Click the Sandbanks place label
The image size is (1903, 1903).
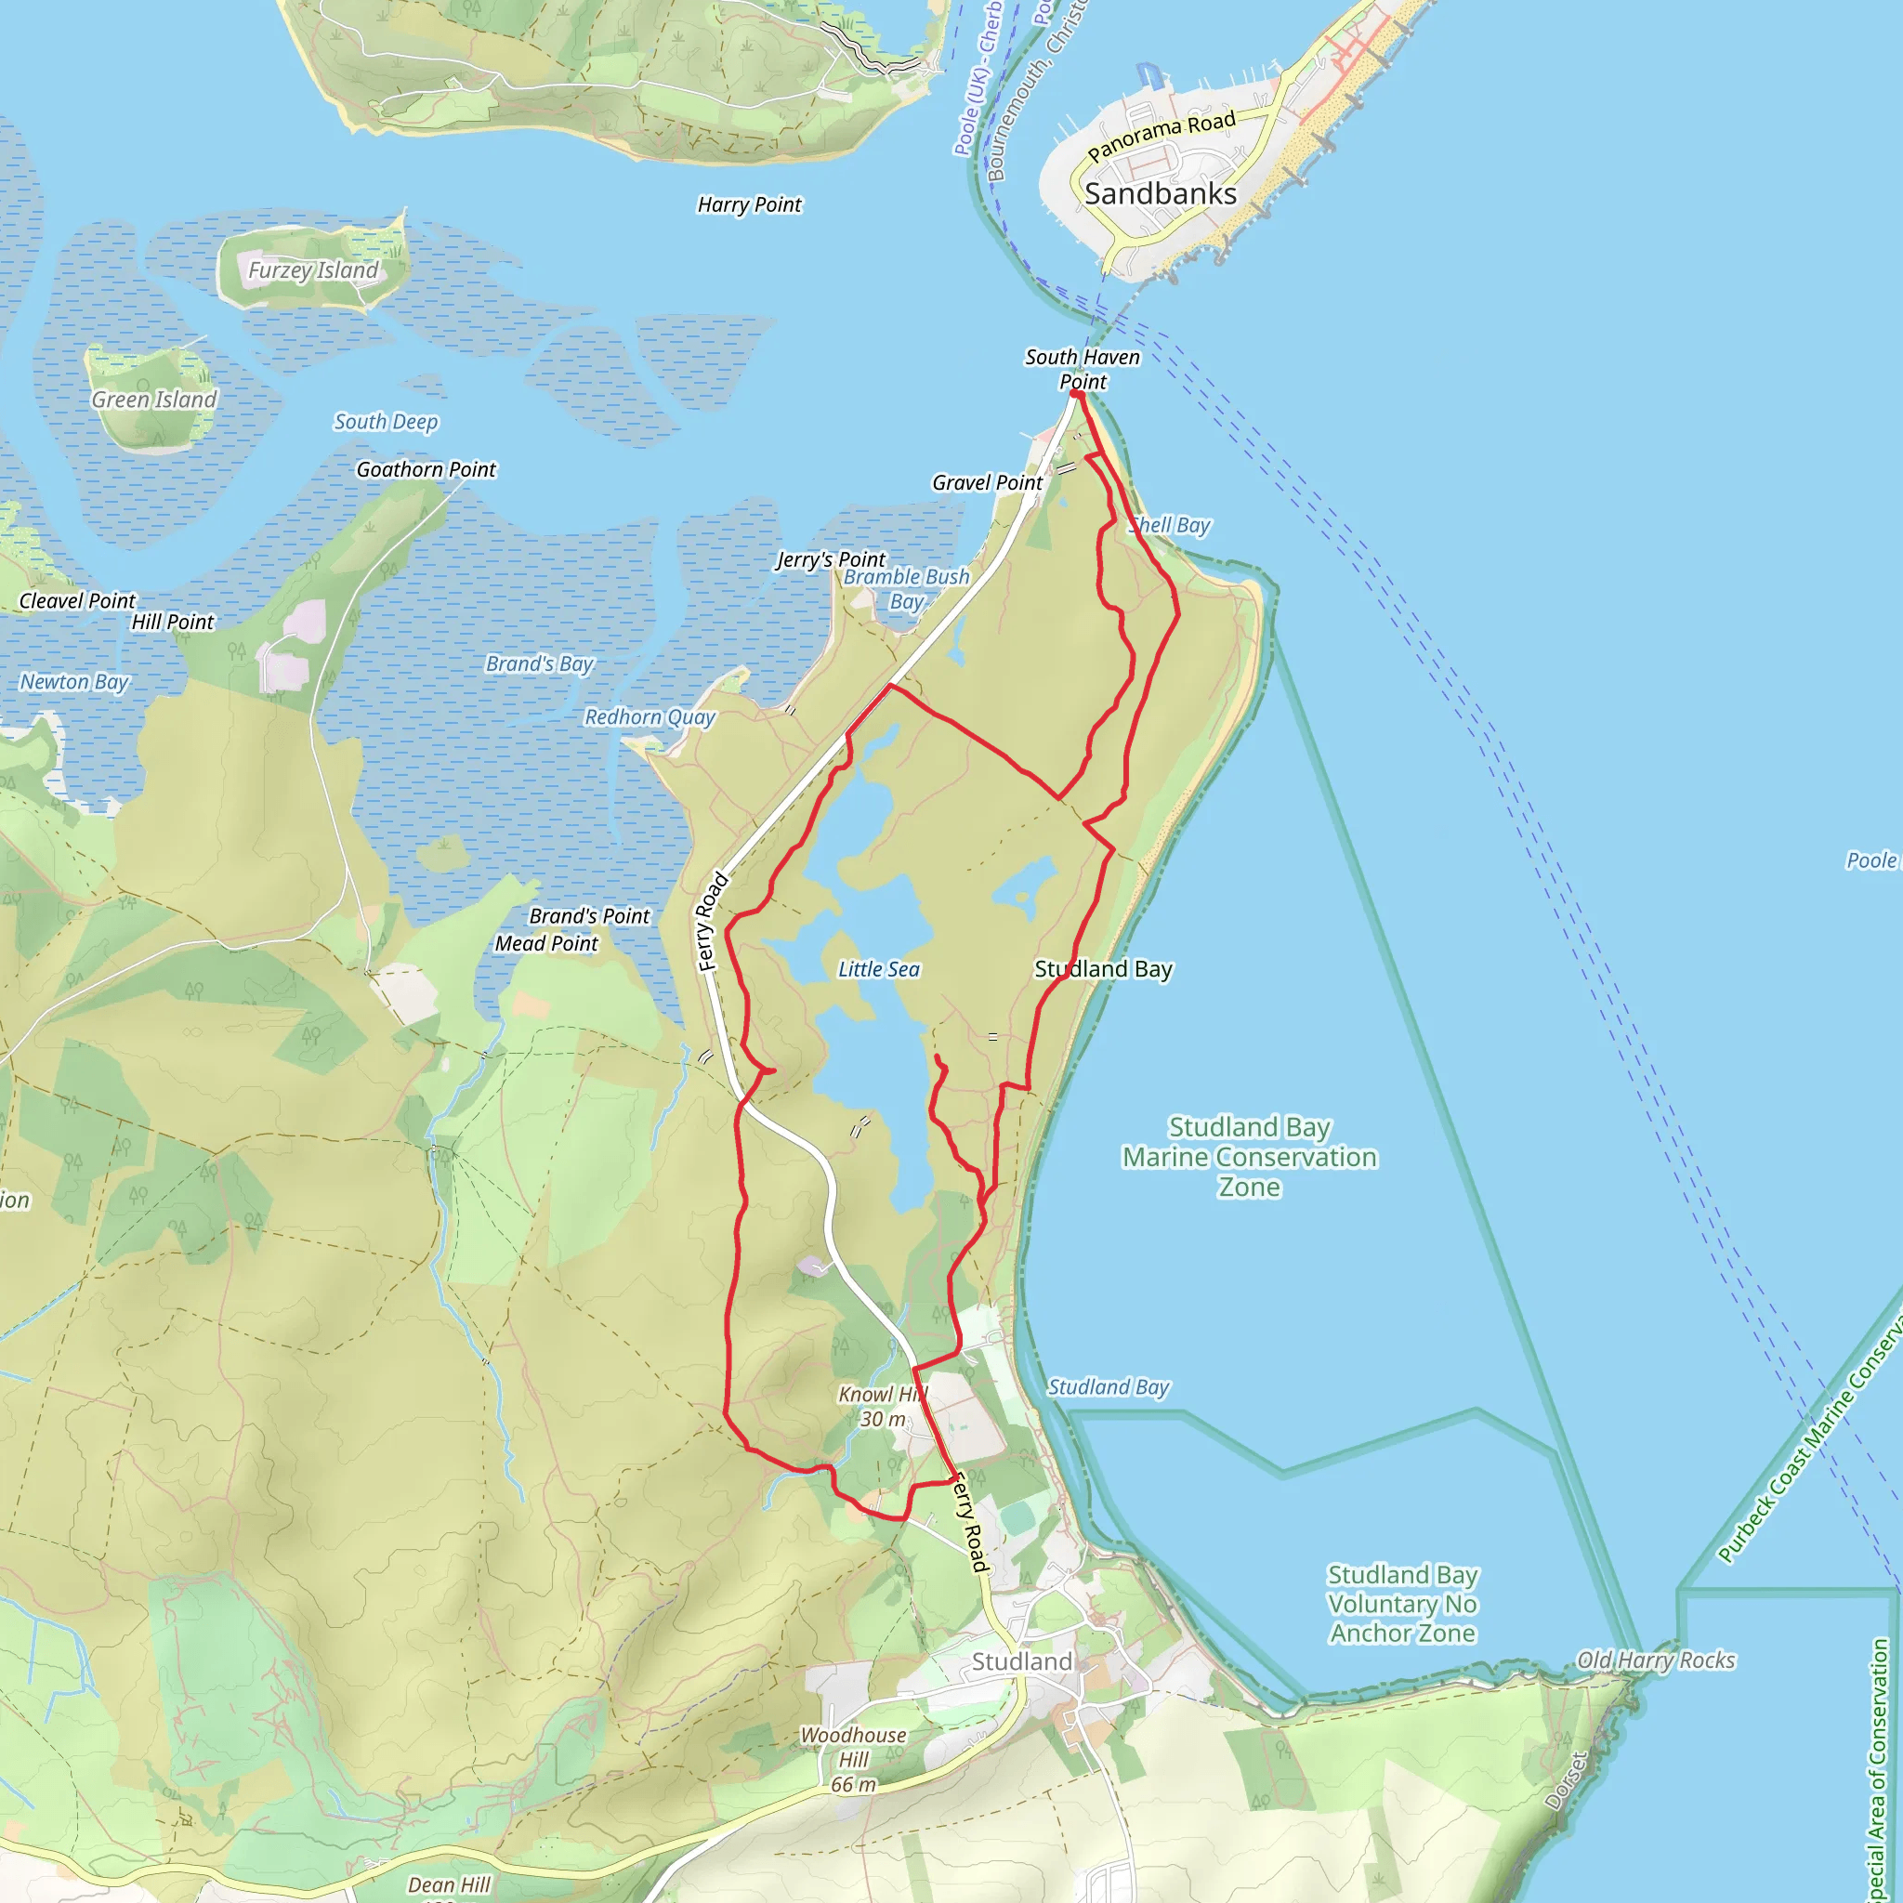[x=1161, y=194]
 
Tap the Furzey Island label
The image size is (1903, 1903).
[x=312, y=269]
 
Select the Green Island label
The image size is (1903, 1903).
[x=153, y=400]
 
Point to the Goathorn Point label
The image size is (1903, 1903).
[x=426, y=470]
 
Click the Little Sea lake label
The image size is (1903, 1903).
[x=879, y=969]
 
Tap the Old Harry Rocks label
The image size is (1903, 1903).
[x=1656, y=1660]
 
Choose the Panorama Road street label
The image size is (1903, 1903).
[x=1161, y=136]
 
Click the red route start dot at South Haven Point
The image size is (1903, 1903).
[x=1076, y=394]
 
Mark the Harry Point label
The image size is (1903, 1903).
[x=750, y=204]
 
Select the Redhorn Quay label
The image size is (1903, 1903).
[x=650, y=717]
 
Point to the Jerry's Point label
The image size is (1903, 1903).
[x=831, y=559]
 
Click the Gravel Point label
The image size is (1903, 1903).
[x=987, y=482]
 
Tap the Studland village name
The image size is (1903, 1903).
[x=1021, y=1661]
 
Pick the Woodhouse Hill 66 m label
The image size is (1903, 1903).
[x=853, y=1759]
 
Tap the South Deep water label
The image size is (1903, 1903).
[x=387, y=422]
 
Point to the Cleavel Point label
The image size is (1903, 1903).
[x=78, y=601]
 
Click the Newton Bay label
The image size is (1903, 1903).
[x=75, y=682]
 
